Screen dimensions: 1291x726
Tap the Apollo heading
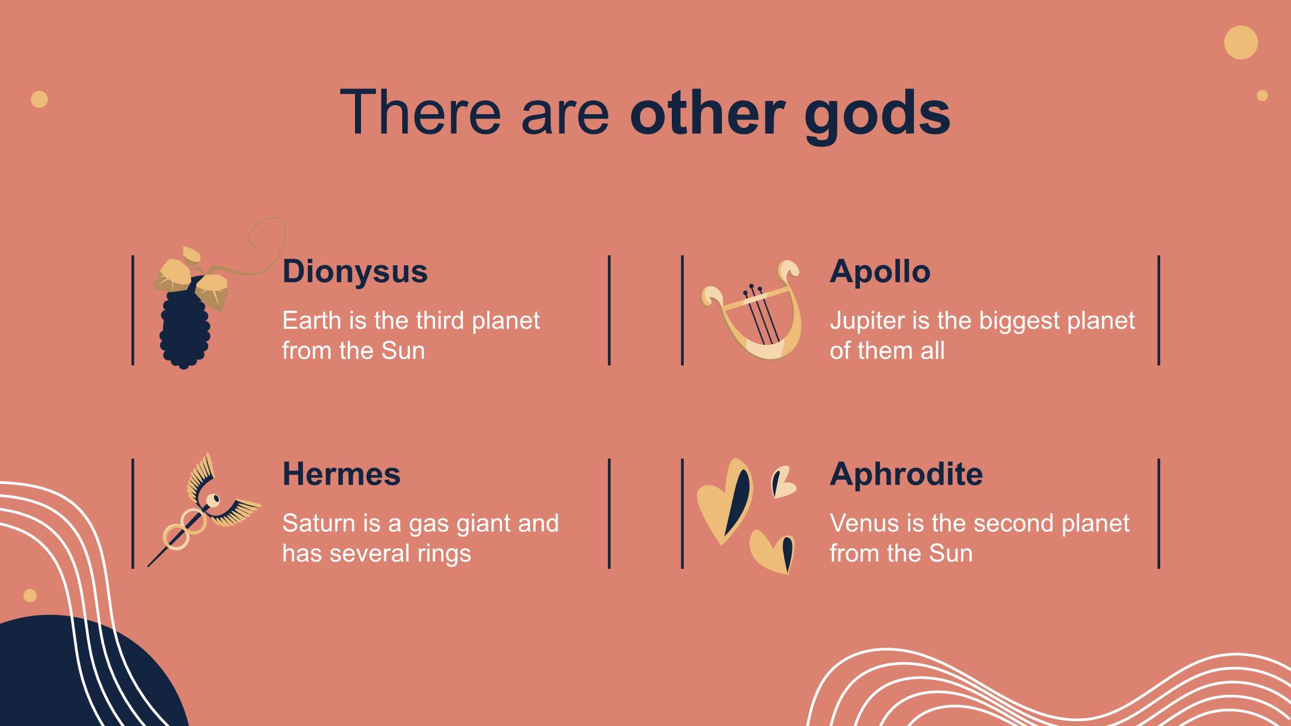pos(880,272)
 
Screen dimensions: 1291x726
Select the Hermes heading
pos(341,474)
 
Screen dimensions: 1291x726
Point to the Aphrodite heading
pos(906,474)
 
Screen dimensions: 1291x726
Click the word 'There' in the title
pos(420,112)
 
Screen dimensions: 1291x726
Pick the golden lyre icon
pos(751,311)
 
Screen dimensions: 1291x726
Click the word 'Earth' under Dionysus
pos(311,321)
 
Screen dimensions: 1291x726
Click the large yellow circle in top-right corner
pos(1241,42)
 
